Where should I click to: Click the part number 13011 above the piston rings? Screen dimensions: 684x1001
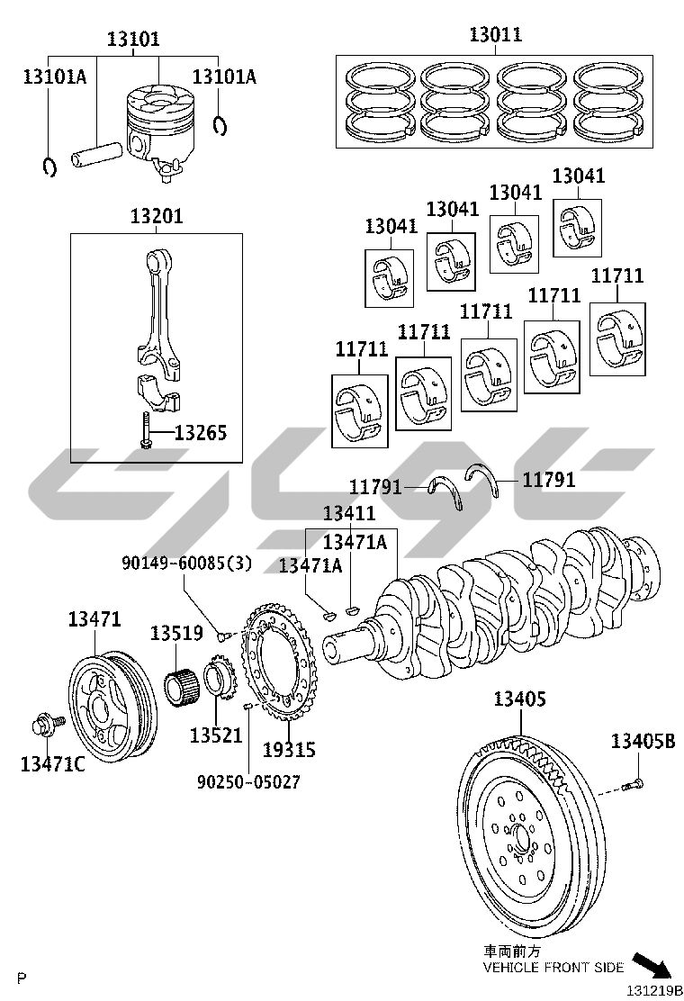click(x=495, y=34)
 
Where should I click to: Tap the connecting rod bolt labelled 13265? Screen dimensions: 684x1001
click(x=146, y=431)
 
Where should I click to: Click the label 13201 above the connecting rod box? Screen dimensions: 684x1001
click(x=157, y=216)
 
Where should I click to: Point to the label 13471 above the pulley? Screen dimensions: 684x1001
click(x=94, y=618)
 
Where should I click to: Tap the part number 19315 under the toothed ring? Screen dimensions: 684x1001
click(x=289, y=750)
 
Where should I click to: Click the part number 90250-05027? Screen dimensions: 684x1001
click(x=248, y=782)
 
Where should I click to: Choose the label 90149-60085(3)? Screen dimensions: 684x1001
click(x=187, y=564)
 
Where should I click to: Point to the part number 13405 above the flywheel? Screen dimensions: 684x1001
click(x=520, y=699)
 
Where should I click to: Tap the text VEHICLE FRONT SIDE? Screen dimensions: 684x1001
click(x=553, y=967)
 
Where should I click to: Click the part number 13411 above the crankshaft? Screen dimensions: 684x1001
click(x=349, y=512)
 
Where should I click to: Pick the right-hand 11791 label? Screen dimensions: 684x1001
click(x=549, y=480)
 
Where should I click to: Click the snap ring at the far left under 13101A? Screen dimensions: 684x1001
click(x=49, y=167)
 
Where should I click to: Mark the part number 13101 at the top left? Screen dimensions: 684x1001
click(x=133, y=39)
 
